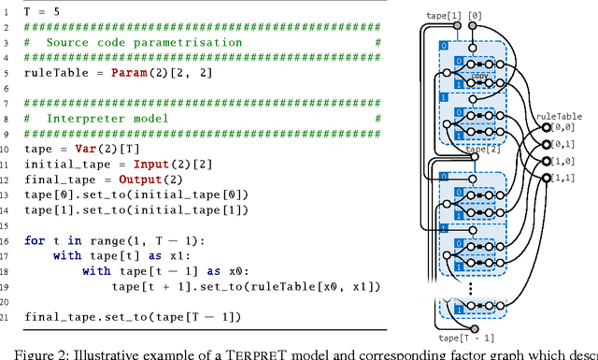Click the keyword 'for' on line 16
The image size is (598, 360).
(x=35, y=240)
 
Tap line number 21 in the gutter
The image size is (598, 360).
(x=8, y=316)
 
